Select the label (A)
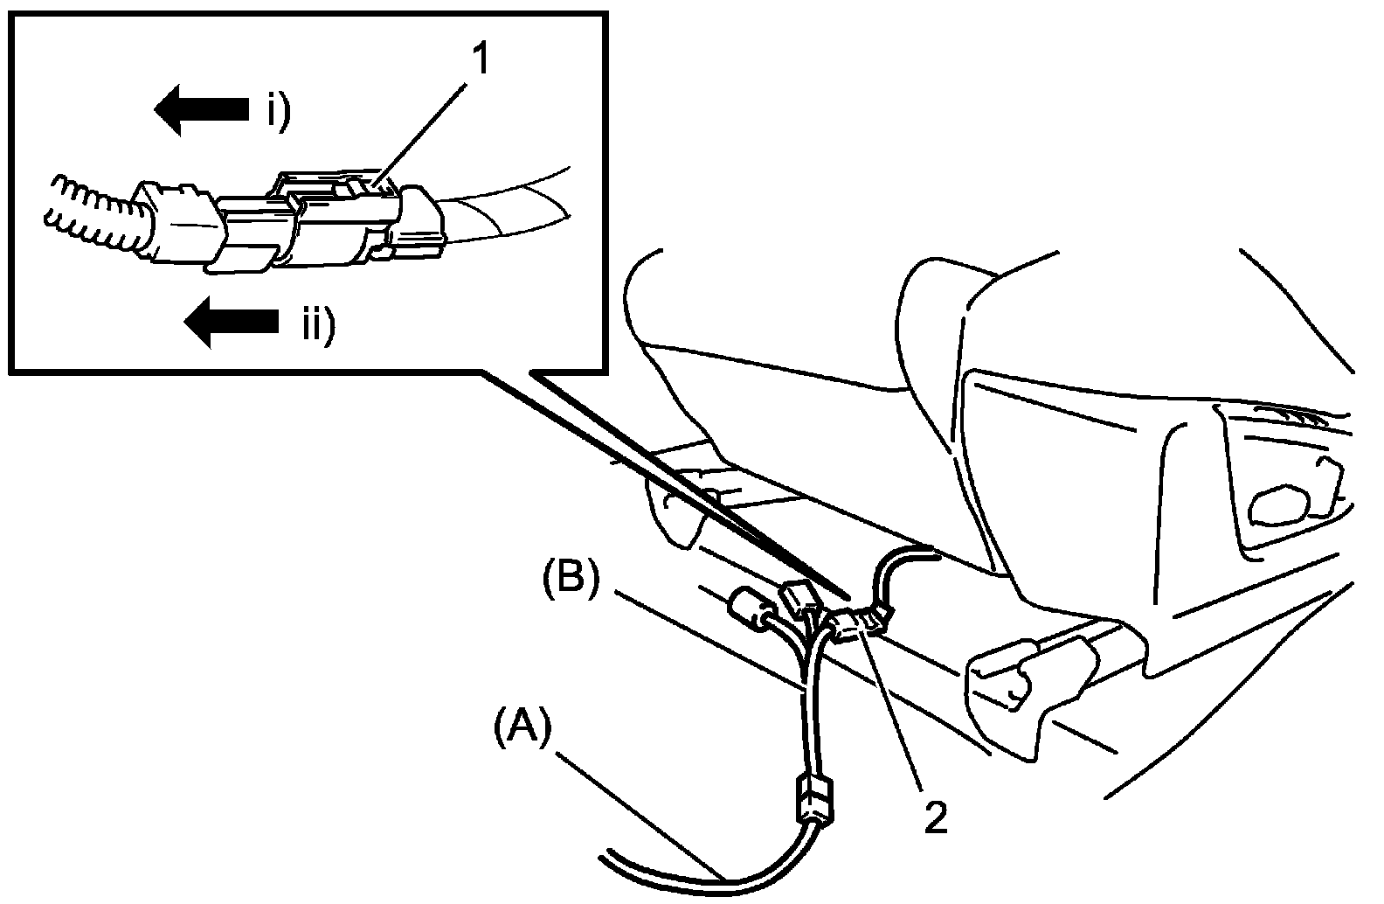pos(522,727)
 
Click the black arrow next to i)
pos(202,109)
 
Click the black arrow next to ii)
pos(231,321)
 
